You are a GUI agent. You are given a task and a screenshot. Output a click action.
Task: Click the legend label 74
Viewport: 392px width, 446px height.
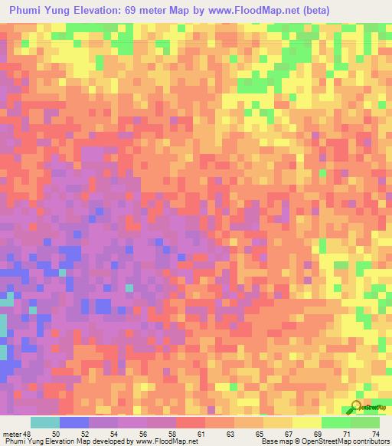[x=376, y=434]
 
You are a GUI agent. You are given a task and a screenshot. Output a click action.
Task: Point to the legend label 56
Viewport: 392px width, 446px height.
[x=143, y=434]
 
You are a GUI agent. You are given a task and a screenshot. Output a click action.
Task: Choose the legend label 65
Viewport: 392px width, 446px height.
[x=260, y=434]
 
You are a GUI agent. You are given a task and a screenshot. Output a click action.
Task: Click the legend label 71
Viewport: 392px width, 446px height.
[x=347, y=434]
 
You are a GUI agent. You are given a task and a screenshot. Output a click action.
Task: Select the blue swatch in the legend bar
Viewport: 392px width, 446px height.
[x=74, y=422]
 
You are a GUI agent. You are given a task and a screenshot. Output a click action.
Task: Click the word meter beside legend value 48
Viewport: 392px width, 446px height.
[x=12, y=434]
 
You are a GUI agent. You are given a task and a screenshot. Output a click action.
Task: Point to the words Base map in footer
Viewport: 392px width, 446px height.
[x=275, y=441]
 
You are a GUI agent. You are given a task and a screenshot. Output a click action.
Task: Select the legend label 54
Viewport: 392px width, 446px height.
[x=114, y=434]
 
